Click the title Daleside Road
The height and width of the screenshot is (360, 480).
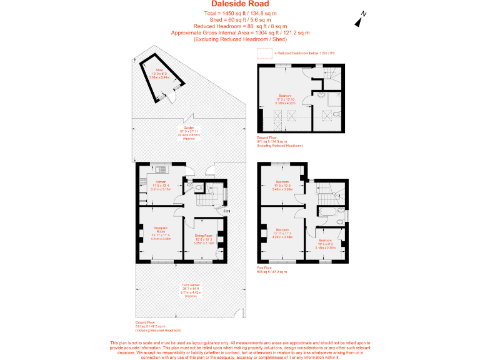239,4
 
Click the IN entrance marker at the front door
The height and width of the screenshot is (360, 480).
228,212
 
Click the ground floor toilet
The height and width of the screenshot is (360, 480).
198,186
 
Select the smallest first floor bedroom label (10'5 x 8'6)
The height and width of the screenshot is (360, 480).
326,242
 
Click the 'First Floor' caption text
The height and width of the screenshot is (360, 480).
266,268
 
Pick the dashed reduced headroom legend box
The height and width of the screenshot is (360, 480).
265,54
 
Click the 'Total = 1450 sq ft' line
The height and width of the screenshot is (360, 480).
239,13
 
